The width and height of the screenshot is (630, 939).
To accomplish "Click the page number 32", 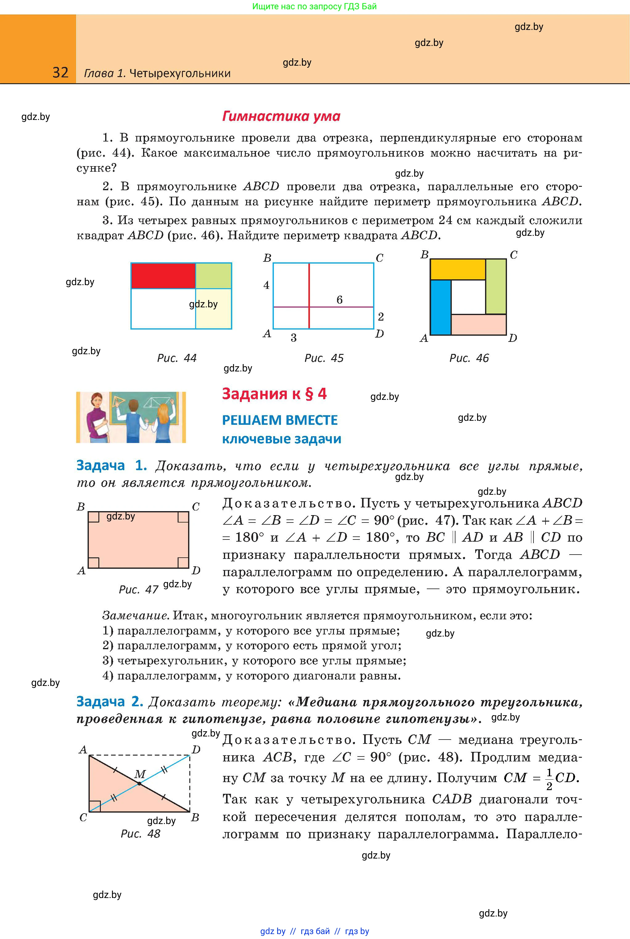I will tap(60, 73).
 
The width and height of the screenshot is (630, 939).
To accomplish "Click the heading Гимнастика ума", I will tap(281, 117).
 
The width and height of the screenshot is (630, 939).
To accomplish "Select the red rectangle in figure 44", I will tap(163, 276).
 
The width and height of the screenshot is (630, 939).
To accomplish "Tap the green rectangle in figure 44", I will tap(213, 276).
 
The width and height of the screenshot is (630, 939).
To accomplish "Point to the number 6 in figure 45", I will tap(340, 300).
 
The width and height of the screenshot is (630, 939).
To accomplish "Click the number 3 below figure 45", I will tap(294, 338).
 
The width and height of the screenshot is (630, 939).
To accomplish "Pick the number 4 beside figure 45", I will tap(266, 285).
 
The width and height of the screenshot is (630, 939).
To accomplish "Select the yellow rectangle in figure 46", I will tap(458, 269).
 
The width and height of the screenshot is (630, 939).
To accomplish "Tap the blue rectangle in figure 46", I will tap(441, 307).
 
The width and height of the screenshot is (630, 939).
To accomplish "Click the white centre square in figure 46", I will tap(468, 297).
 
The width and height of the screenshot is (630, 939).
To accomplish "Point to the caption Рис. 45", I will tap(324, 358).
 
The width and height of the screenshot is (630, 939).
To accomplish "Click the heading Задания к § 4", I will tap(274, 394).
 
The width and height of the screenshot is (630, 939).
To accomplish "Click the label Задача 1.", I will tap(111, 465).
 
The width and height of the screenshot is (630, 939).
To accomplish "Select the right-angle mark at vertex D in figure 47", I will tap(183, 563).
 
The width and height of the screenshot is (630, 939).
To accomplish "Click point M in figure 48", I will tap(139, 783).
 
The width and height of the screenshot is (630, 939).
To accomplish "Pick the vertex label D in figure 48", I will tap(196, 749).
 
